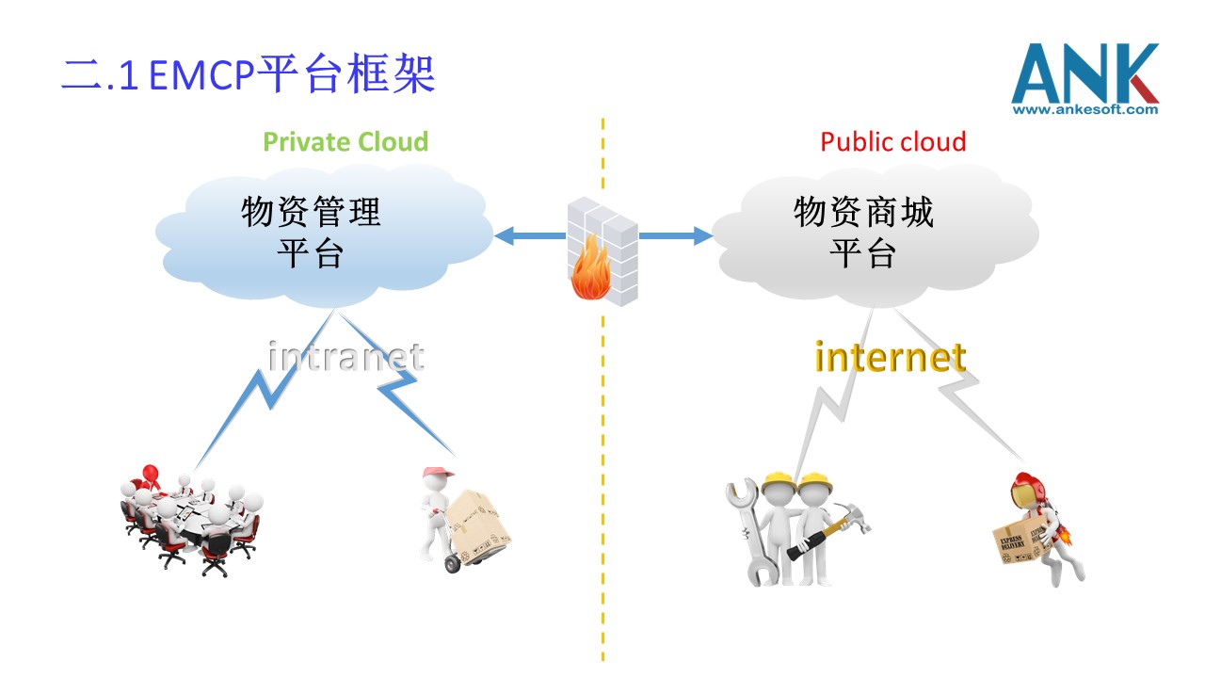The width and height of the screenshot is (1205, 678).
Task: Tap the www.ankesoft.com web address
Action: [1084, 110]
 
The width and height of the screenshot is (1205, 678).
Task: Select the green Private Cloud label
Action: [345, 142]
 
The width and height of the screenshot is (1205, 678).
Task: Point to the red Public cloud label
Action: [892, 142]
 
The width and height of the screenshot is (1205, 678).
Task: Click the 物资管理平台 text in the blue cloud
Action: [311, 232]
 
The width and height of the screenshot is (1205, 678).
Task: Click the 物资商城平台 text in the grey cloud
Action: [863, 232]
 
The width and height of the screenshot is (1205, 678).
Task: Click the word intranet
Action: [345, 357]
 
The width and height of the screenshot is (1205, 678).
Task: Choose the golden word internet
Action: [890, 357]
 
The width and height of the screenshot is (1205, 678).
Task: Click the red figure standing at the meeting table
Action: [148, 474]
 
